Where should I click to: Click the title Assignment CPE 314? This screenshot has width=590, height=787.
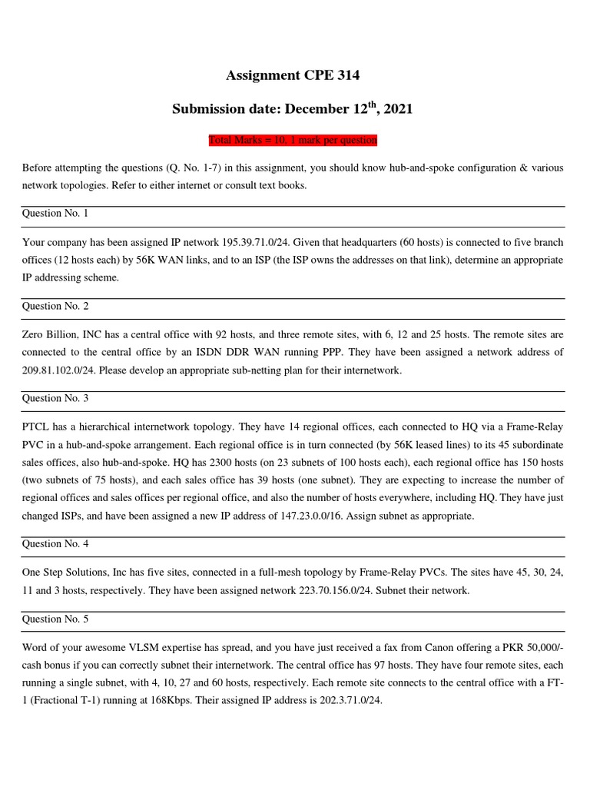pos(292,75)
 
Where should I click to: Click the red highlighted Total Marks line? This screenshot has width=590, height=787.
pos(293,141)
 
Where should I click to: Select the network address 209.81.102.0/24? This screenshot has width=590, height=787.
pos(65,370)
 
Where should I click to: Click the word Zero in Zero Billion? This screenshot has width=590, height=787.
pos(34,334)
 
